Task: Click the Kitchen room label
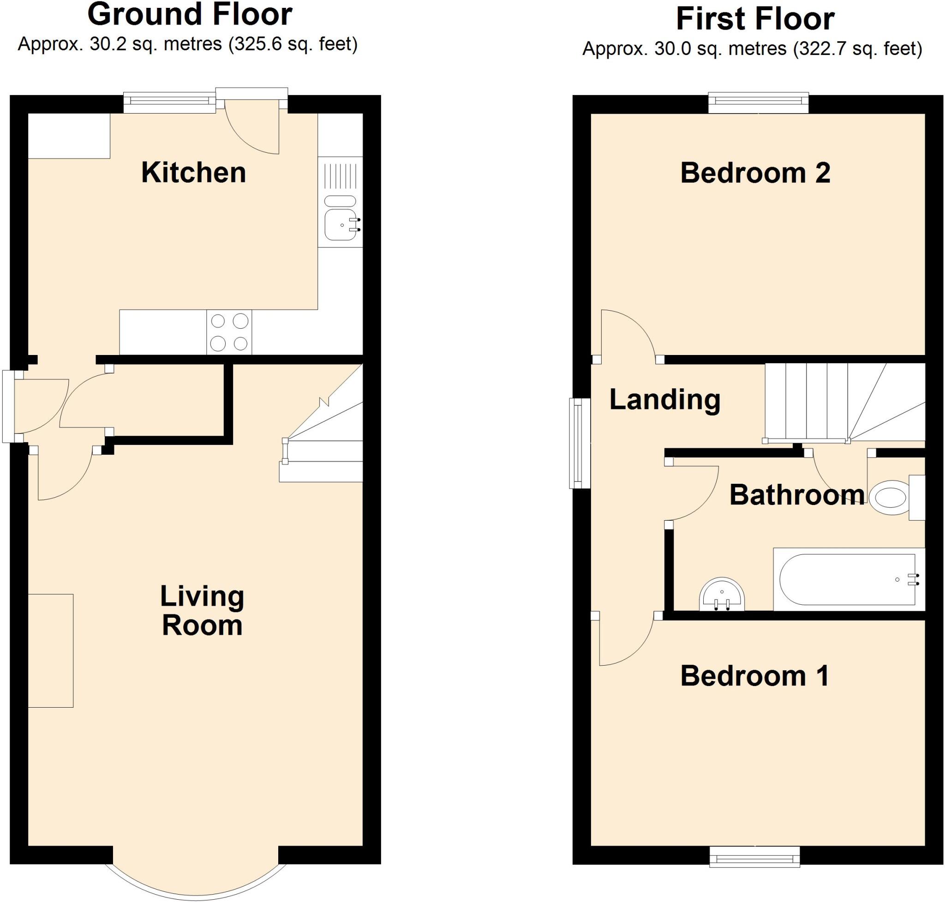click(193, 173)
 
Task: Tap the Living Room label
click(202, 611)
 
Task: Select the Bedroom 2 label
click(755, 173)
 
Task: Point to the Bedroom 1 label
click(754, 675)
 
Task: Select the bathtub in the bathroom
click(848, 579)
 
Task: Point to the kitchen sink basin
click(340, 224)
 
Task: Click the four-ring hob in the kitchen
click(229, 332)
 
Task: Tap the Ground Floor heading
click(189, 15)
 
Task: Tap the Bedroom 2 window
click(759, 103)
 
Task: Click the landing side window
click(579, 443)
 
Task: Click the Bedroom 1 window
click(754, 857)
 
